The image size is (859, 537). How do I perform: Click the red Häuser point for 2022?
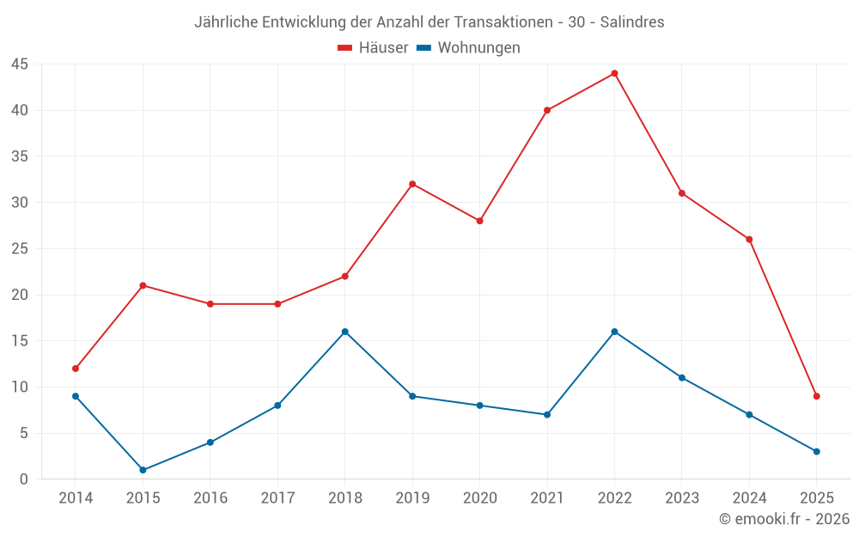tap(614, 73)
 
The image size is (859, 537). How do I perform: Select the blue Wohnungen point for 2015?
tap(143, 470)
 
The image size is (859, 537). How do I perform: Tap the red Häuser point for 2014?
tap(76, 369)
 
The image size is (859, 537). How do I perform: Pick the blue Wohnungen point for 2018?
tap(344, 332)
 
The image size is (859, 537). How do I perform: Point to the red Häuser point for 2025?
tap(817, 396)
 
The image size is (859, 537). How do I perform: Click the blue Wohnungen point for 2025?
tap(817, 451)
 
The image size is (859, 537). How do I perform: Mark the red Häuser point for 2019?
tap(412, 184)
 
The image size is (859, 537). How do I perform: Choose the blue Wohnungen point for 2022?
tap(614, 332)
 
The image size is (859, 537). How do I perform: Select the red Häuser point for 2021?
tap(547, 110)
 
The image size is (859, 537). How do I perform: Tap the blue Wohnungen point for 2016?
tap(210, 442)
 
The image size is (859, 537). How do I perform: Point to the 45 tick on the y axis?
tap(20, 64)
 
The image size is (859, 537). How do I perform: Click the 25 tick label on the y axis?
tap(20, 249)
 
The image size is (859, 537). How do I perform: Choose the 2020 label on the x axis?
tap(479, 498)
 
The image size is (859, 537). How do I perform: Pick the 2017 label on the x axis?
tap(277, 498)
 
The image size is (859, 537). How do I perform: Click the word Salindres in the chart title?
tap(631, 22)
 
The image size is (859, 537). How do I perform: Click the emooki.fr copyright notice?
tap(783, 519)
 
